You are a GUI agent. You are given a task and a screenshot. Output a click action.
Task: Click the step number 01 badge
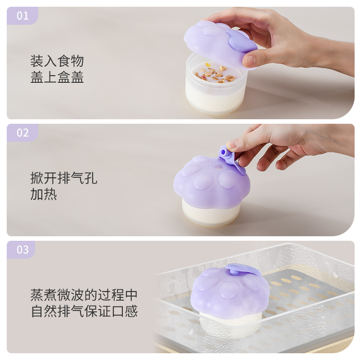pyautogui.click(x=22, y=16)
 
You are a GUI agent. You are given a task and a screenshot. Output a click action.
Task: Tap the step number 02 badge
pyautogui.click(x=22, y=133)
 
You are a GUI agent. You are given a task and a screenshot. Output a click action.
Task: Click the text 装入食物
pyautogui.click(x=57, y=61)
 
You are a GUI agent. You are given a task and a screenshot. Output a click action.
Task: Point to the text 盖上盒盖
pyautogui.click(x=57, y=77)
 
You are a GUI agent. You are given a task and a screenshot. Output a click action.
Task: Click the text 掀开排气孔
pyautogui.click(x=64, y=178)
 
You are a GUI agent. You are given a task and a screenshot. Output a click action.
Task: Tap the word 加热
pyautogui.click(x=44, y=194)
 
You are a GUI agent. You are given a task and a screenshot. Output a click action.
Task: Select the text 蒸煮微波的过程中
pyautogui.click(x=84, y=295)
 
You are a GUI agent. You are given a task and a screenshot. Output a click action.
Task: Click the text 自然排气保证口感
pyautogui.click(x=84, y=311)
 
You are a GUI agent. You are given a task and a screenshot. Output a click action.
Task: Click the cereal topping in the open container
pyautogui.click(x=215, y=73)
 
